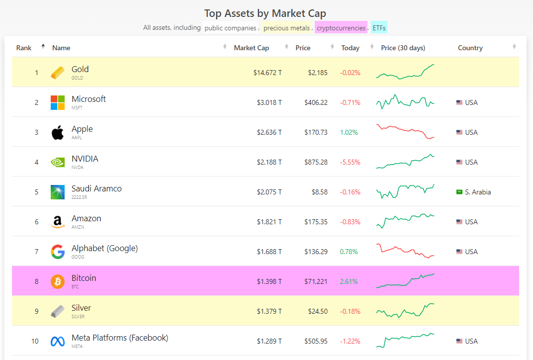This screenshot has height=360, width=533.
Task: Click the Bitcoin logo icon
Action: click(58, 281)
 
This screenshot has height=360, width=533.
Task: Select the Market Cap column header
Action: click(251, 48)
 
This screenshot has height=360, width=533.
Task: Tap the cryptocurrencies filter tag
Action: click(341, 28)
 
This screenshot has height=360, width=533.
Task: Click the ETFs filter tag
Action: click(379, 28)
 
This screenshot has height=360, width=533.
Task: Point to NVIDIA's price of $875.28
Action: click(316, 162)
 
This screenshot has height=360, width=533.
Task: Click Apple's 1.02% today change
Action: click(349, 132)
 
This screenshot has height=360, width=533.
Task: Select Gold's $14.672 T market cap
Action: click(267, 73)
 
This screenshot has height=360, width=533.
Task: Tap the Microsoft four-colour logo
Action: click(58, 102)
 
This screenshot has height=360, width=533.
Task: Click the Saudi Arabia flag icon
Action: click(459, 192)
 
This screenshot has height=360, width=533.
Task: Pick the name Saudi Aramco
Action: click(96, 188)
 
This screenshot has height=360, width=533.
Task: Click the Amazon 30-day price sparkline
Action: click(405, 220)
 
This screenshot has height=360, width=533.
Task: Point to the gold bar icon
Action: click(58, 73)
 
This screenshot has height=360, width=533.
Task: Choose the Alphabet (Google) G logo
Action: click(58, 252)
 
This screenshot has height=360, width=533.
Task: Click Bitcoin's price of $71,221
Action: click(316, 281)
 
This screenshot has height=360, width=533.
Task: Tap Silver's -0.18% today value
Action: click(350, 311)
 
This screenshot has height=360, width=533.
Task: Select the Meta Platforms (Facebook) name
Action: click(120, 338)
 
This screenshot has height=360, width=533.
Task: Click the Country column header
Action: click(470, 48)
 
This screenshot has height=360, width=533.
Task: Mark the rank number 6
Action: click(36, 222)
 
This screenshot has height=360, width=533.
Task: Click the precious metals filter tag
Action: click(286, 28)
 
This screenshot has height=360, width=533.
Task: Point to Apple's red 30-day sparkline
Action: click(405, 131)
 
